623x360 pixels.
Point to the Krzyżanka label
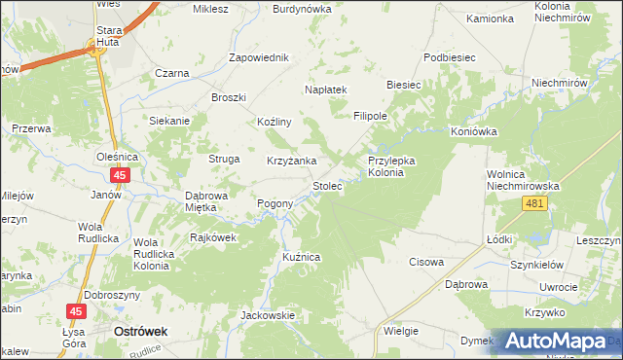291,161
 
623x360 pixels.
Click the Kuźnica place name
301,255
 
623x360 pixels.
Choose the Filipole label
371,115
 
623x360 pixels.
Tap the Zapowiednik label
259,57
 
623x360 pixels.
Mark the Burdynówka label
302,9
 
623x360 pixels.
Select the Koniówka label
474,131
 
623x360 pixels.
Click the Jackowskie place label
268,315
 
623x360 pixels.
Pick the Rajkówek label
214,236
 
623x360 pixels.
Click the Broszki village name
230,97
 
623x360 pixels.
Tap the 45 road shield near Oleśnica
120,175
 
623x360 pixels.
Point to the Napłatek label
326,89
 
